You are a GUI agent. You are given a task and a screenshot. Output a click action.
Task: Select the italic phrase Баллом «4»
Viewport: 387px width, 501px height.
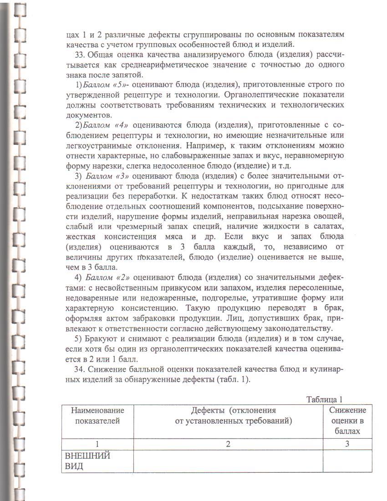[x=107, y=125]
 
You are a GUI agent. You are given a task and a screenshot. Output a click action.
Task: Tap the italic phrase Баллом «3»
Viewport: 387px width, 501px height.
[x=107, y=176]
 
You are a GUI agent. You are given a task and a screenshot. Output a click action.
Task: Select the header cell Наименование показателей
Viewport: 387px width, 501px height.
[x=97, y=415]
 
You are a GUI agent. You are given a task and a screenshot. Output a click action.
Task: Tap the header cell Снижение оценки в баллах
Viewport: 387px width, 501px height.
[x=347, y=420]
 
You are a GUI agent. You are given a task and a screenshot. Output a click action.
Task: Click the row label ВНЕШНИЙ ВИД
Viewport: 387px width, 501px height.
[x=82, y=461]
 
